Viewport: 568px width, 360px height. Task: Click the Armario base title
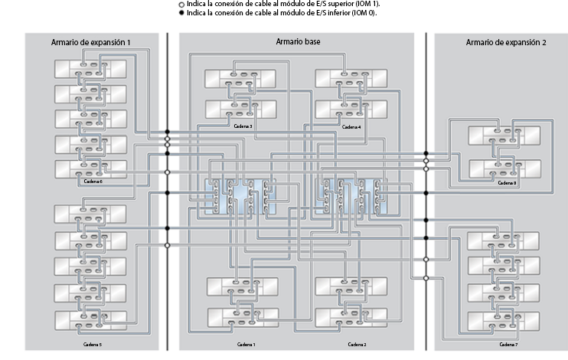coord(298,41)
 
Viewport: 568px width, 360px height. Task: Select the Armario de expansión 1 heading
coord(90,41)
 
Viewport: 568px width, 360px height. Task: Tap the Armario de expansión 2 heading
coord(505,42)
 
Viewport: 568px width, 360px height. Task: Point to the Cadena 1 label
coord(246,345)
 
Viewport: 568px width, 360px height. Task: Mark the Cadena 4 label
coord(351,126)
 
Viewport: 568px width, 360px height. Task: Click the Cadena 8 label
coord(507,183)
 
